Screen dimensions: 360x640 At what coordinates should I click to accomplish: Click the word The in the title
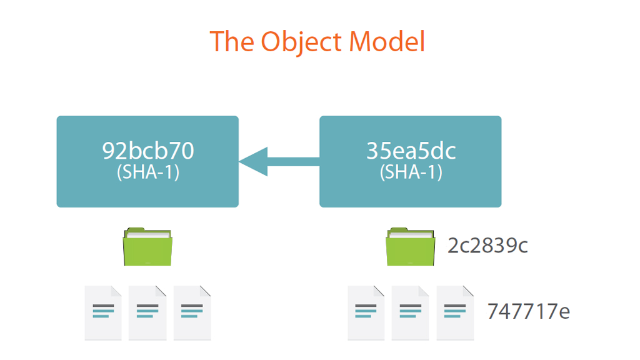click(x=231, y=41)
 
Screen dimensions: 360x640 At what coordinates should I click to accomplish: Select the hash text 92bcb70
click(x=147, y=152)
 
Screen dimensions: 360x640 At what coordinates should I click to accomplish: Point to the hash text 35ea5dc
click(x=411, y=152)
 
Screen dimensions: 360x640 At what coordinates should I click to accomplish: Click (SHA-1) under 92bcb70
click(x=147, y=172)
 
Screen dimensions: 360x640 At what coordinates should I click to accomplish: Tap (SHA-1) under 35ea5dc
click(x=411, y=172)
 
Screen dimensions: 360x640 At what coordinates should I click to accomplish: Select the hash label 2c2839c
click(x=487, y=246)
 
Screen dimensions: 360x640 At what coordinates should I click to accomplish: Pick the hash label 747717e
click(x=528, y=311)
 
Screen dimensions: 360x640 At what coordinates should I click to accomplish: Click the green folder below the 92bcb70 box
click(x=147, y=247)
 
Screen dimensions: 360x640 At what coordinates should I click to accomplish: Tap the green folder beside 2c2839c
click(x=411, y=247)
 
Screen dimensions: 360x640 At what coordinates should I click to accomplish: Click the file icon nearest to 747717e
click(x=455, y=313)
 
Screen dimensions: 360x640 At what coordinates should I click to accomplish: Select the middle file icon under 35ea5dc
click(x=410, y=313)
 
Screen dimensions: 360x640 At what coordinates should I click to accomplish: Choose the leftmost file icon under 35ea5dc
click(x=366, y=313)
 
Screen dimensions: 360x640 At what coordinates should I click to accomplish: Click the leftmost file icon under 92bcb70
click(x=103, y=313)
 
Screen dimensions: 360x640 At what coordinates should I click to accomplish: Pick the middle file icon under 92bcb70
click(x=147, y=313)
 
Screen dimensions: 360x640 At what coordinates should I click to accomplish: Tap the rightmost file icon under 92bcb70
click(x=192, y=313)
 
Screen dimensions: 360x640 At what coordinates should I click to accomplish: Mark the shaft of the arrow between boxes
click(x=294, y=162)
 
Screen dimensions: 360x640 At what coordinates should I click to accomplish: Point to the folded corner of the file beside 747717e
click(x=469, y=291)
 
